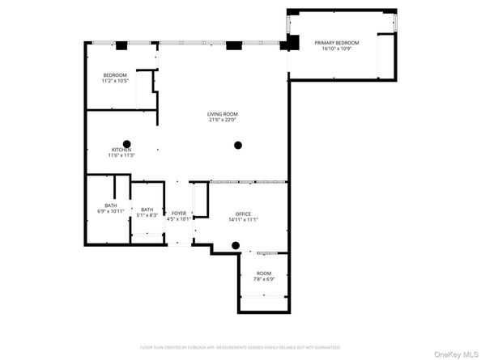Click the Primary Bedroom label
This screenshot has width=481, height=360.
pyautogui.click(x=337, y=42)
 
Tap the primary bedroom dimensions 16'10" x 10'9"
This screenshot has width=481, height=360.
pyautogui.click(x=337, y=49)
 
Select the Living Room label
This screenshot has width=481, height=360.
pyautogui.click(x=220, y=114)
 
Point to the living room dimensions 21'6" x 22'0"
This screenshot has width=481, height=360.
pyautogui.click(x=220, y=121)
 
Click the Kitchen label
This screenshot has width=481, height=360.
pyautogui.click(x=121, y=150)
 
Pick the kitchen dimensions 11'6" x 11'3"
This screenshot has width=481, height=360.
pyautogui.click(x=121, y=155)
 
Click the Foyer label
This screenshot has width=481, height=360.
pyautogui.click(x=178, y=214)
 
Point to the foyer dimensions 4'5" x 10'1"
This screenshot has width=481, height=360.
pyautogui.click(x=178, y=219)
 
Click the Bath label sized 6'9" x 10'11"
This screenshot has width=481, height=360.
pyautogui.click(x=110, y=205)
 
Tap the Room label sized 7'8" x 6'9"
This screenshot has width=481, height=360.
pyautogui.click(x=265, y=273)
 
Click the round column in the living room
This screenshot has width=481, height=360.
pyautogui.click(x=237, y=146)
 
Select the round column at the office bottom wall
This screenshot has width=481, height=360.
pyautogui.click(x=236, y=245)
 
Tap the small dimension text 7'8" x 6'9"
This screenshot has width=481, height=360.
pyautogui.click(x=265, y=280)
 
